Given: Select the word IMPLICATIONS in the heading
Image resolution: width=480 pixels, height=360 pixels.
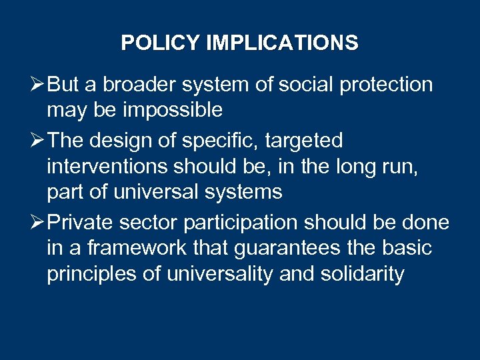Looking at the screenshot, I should [282, 43].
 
